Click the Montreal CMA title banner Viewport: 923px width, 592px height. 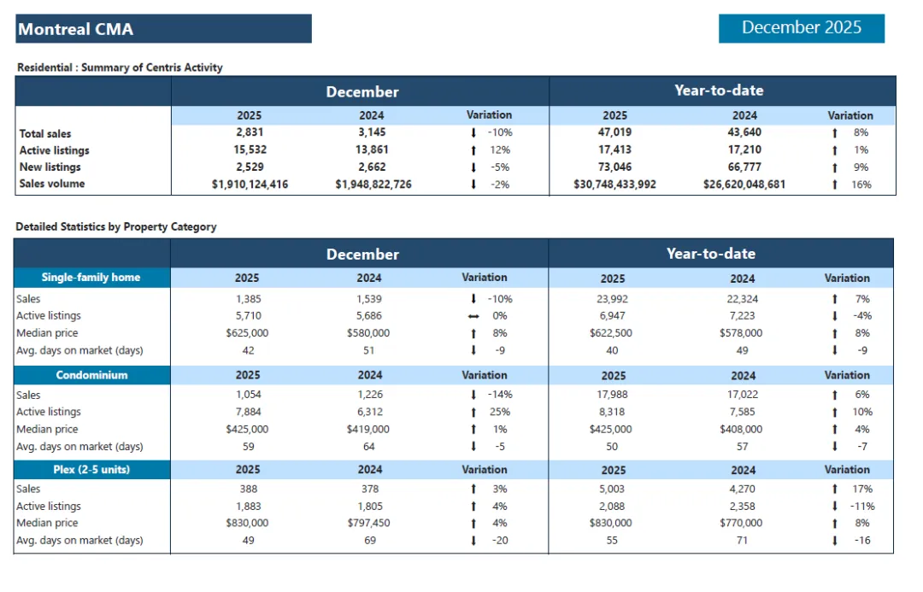(163, 29)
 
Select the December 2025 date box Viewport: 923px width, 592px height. (801, 27)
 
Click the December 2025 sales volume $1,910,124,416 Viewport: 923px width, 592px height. (250, 184)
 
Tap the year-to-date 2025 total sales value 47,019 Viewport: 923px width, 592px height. (614, 132)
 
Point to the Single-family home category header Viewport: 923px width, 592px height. (91, 278)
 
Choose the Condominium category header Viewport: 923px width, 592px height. (91, 375)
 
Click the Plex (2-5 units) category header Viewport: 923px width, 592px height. (91, 469)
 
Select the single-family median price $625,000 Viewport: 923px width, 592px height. (247, 333)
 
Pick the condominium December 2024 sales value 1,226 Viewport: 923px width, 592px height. (370, 395)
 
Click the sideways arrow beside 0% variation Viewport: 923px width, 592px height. (473, 316)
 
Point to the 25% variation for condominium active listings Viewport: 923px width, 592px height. (499, 412)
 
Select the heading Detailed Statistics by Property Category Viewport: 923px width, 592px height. (116, 226)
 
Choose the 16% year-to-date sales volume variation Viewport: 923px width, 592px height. (861, 184)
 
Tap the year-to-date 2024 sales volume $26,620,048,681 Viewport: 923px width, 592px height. (744, 184)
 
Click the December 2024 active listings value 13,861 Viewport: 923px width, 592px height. (371, 149)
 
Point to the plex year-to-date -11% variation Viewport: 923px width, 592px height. (861, 506)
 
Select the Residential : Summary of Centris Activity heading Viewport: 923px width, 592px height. (120, 67)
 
